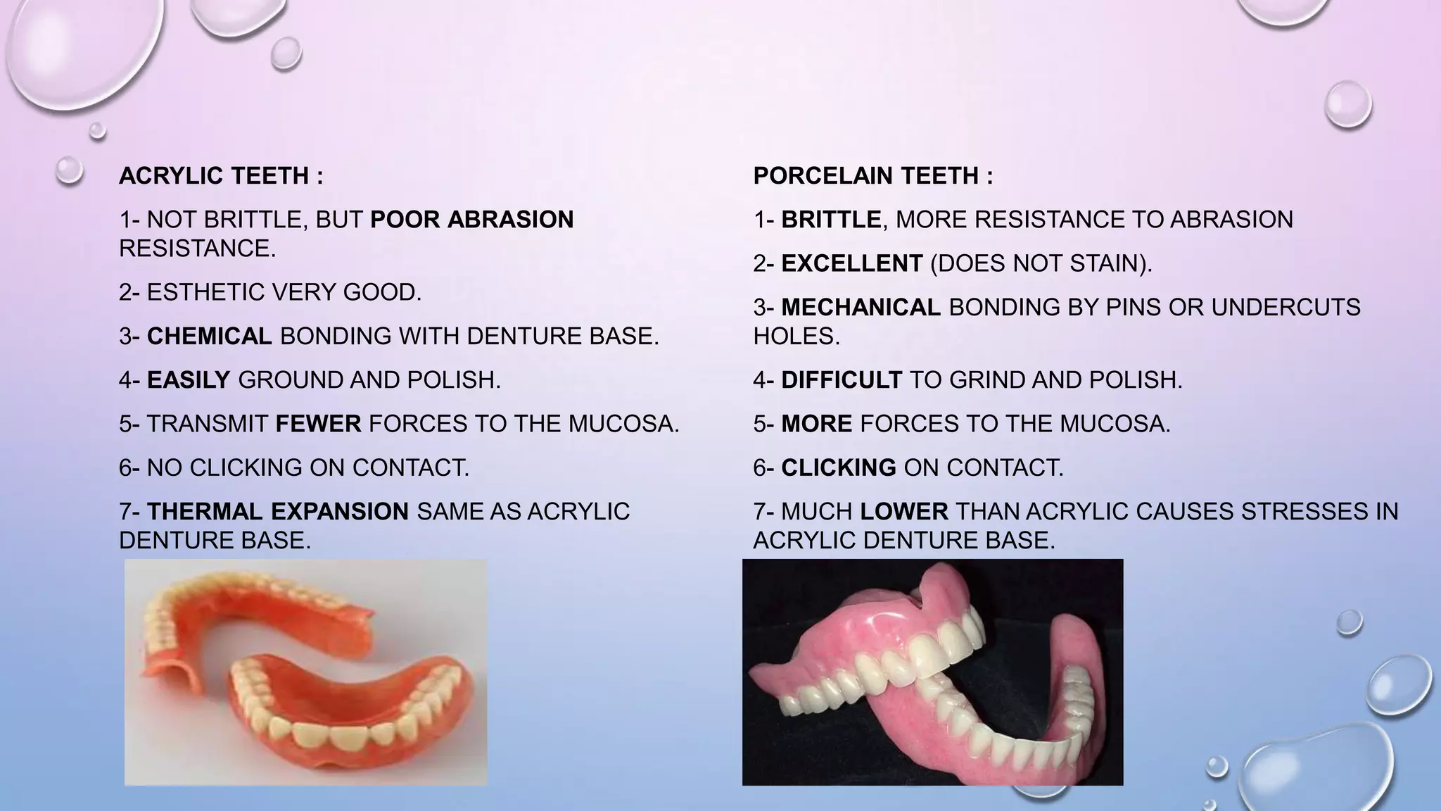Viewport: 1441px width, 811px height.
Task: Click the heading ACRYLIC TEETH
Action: pyautogui.click(x=221, y=175)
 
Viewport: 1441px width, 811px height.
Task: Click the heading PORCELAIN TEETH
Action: pyautogui.click(x=872, y=175)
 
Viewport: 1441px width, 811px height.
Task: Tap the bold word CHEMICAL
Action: pyautogui.click(x=209, y=336)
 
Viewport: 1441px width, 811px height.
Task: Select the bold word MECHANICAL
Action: pyautogui.click(x=861, y=307)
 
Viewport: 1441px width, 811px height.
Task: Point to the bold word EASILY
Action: pyautogui.click(x=189, y=380)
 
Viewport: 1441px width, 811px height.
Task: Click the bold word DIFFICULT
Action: pyautogui.click(x=842, y=380)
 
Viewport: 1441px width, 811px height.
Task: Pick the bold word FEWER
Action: pyautogui.click(x=318, y=424)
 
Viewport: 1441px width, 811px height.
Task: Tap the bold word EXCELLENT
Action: pyautogui.click(x=851, y=263)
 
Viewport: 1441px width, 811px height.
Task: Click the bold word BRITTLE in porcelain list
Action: pyautogui.click(x=831, y=220)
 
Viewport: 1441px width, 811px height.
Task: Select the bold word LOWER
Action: pyautogui.click(x=904, y=511)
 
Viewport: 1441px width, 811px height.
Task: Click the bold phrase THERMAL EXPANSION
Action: pyautogui.click(x=278, y=511)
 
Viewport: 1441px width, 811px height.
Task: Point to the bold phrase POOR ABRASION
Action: pyautogui.click(x=471, y=220)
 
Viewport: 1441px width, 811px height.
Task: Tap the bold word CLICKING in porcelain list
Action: pyautogui.click(x=839, y=467)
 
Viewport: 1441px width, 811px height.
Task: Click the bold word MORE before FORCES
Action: pyautogui.click(x=817, y=424)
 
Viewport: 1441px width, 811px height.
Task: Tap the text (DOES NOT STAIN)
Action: pyautogui.click(x=1041, y=263)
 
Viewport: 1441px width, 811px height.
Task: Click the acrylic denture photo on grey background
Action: pyautogui.click(x=305, y=672)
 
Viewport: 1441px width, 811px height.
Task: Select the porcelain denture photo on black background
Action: pyautogui.click(x=932, y=672)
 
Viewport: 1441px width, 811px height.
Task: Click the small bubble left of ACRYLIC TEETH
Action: pyautogui.click(x=69, y=170)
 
